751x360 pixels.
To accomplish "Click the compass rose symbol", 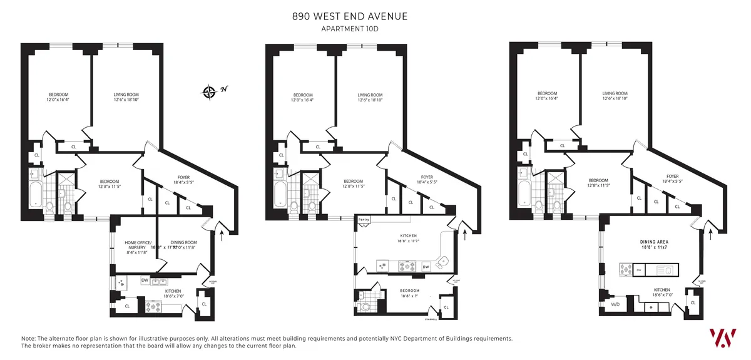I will [209, 92].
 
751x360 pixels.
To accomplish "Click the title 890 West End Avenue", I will [350, 16].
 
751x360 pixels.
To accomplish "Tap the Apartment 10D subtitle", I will [350, 29].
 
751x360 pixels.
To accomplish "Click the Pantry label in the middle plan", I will [364, 220].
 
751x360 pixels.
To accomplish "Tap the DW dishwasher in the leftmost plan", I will [145, 280].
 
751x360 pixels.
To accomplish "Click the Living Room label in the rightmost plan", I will [615, 96].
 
